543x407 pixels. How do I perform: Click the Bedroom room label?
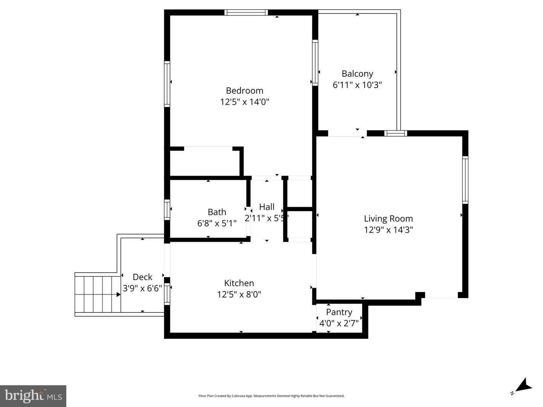[244, 90]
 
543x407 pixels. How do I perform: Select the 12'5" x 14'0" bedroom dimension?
[244, 102]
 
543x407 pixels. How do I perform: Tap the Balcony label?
[357, 74]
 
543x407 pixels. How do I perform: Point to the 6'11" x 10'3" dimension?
[357, 85]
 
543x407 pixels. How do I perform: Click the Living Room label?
[388, 218]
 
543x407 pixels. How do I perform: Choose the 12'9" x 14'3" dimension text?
[388, 230]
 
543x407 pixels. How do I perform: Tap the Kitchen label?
[239, 283]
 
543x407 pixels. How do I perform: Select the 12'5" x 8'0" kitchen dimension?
[239, 294]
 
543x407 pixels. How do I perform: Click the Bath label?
[217, 212]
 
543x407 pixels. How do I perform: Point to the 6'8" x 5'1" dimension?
[217, 223]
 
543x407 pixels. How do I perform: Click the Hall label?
[267, 207]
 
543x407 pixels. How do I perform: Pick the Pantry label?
[339, 312]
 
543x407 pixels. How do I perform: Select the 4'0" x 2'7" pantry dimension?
[339, 323]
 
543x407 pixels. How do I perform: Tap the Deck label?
[143, 277]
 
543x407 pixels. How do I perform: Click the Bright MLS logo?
[33, 396]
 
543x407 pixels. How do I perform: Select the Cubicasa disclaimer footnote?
[271, 396]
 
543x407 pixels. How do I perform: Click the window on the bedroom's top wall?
[246, 12]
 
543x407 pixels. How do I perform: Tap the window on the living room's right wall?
[465, 180]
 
